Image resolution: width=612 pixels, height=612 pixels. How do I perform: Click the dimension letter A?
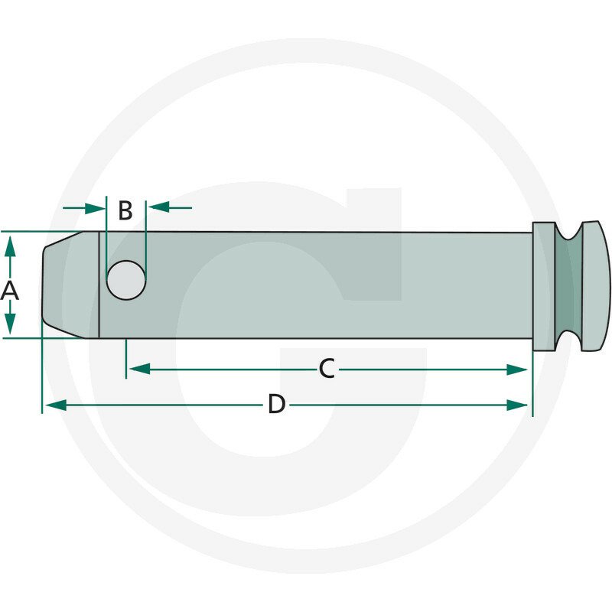[x=9, y=291]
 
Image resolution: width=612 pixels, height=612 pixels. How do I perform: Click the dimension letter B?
[x=125, y=210]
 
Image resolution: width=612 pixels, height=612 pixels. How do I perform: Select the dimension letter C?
[x=327, y=369]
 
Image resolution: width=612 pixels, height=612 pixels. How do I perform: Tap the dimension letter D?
[x=277, y=404]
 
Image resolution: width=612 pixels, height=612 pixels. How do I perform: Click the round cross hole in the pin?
[x=126, y=280]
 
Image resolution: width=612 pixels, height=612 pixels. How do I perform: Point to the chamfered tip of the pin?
[x=70, y=285]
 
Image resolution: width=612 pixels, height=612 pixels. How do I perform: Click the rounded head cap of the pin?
[x=596, y=285]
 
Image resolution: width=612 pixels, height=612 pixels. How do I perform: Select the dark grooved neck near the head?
[x=568, y=285]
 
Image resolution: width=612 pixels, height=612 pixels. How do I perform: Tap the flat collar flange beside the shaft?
[x=544, y=286]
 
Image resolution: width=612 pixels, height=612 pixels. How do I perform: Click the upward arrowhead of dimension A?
[x=10, y=246]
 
